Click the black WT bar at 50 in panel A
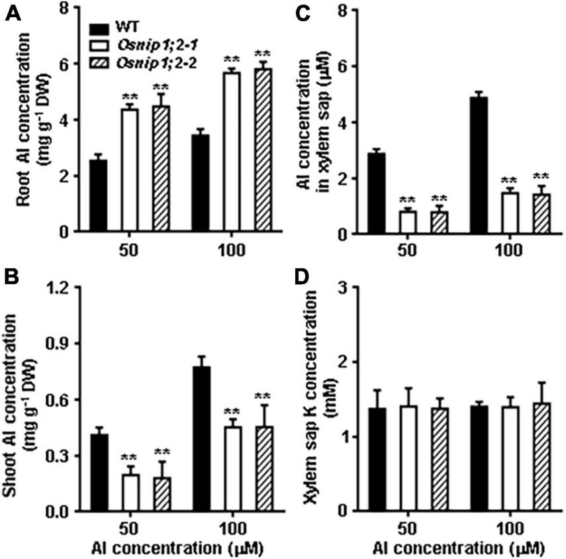tap(99, 196)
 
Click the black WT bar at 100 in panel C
tap(385, 166)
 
